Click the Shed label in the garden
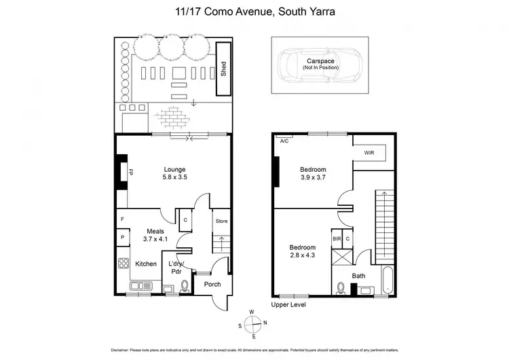tap(223, 70)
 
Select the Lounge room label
tap(174, 169)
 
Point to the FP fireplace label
tap(130, 173)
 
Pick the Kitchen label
tap(146, 264)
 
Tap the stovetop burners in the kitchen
tap(124, 264)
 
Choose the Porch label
tap(212, 284)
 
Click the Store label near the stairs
tap(221, 221)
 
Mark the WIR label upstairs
tap(369, 154)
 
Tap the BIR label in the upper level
tap(336, 239)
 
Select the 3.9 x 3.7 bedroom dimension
tap(313, 178)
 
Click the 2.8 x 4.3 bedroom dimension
tap(303, 256)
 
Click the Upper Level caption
tap(288, 305)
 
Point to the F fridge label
tap(123, 219)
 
